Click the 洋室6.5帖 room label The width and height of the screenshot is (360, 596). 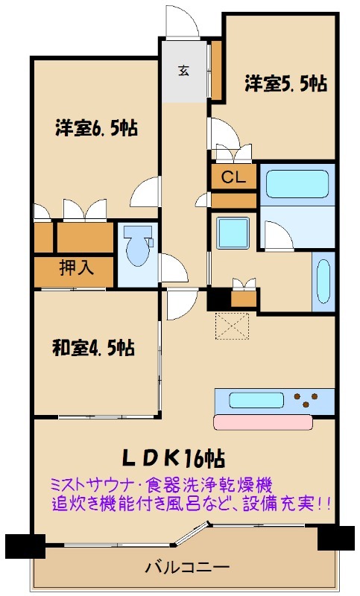(x=95, y=128)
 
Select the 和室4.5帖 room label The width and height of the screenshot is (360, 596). (x=93, y=347)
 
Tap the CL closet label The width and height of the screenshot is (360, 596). (x=233, y=178)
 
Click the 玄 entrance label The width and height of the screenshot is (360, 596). (x=183, y=72)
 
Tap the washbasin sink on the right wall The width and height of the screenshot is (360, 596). (x=324, y=283)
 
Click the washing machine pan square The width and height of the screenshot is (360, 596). (x=233, y=232)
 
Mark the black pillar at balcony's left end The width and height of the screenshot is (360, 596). (x=20, y=546)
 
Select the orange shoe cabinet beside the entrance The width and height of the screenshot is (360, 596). (x=217, y=72)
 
